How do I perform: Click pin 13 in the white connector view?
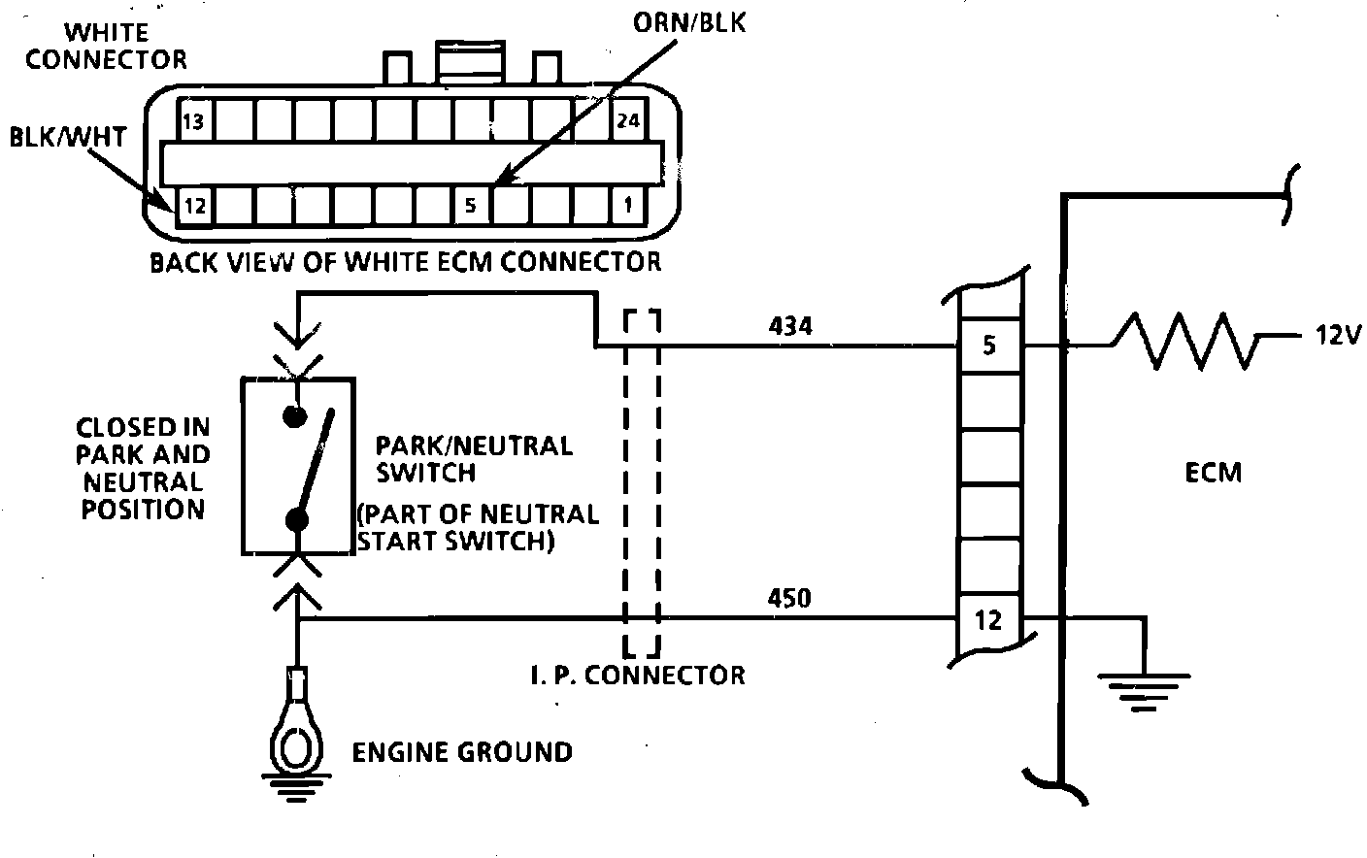point(194,121)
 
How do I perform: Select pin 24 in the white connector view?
point(628,121)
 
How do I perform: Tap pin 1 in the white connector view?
point(628,206)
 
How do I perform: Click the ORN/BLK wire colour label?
point(689,22)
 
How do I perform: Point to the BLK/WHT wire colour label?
point(68,137)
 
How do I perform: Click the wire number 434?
point(789,326)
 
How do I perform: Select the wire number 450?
point(789,599)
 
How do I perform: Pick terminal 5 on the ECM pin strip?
point(988,345)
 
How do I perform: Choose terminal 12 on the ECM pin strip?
point(988,619)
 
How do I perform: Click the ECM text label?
point(1213,473)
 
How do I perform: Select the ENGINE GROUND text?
point(461,751)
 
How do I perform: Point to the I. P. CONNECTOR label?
point(638,674)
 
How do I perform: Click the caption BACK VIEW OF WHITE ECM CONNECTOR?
point(405,262)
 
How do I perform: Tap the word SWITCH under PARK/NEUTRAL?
point(426,473)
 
